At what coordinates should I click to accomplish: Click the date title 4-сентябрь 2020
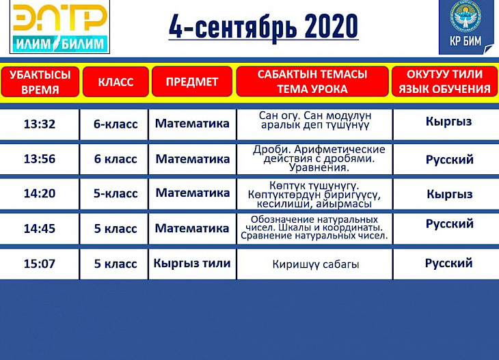(263, 27)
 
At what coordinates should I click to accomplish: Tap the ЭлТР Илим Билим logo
(60, 27)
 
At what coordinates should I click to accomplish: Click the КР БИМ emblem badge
(466, 27)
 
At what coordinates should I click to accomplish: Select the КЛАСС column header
(116, 82)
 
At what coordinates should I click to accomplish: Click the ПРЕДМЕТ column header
(192, 82)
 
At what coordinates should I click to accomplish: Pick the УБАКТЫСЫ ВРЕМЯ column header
(40, 82)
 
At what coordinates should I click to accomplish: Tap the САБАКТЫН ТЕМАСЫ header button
(312, 81)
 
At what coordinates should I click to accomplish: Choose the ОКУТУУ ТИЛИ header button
(444, 81)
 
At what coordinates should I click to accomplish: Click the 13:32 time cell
(40, 124)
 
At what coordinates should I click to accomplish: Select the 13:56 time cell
(40, 158)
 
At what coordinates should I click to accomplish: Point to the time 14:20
(40, 193)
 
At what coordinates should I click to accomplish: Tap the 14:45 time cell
(40, 228)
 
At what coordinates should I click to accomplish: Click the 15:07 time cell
(40, 264)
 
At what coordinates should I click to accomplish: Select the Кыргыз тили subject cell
(192, 264)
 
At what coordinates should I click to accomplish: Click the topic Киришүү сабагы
(316, 264)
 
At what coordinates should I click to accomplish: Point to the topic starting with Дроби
(319, 158)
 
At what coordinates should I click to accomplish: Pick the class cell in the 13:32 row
(116, 124)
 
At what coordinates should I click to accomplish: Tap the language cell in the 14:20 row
(449, 194)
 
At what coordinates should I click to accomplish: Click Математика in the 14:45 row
(192, 228)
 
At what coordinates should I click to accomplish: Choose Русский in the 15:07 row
(448, 263)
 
